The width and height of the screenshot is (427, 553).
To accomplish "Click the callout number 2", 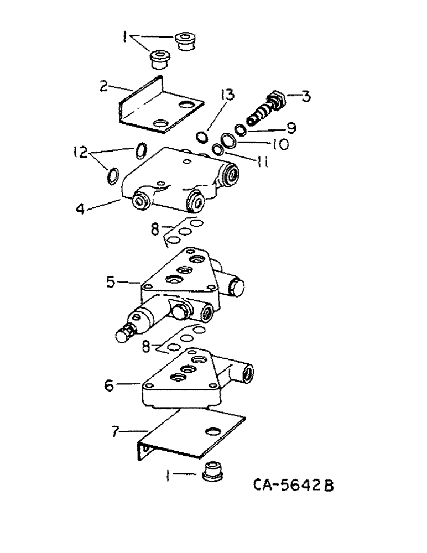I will coord(103,86).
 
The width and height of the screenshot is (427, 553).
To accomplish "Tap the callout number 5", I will coord(111,282).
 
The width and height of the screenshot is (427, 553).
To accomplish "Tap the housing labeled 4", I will coord(177,180).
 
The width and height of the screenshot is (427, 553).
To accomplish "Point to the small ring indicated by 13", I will coord(204,136).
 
